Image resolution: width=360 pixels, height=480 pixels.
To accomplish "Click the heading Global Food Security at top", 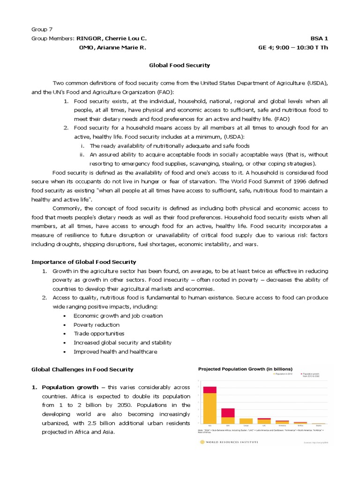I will (180, 65).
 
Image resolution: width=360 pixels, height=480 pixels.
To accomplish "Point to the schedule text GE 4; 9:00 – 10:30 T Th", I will (293, 47).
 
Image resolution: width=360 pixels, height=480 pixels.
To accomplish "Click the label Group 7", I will (42, 29).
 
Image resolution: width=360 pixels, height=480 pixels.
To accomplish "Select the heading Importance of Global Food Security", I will (83, 262).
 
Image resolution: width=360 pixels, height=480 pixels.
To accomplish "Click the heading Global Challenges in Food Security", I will (82, 369).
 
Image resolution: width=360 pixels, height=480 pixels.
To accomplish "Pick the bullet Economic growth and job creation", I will (118, 316).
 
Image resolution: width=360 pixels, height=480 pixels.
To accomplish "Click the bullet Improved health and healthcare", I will (115, 352).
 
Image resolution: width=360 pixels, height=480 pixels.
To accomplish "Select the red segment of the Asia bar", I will (210, 390).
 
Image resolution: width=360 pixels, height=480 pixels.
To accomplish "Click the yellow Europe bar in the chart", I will (246, 420).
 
